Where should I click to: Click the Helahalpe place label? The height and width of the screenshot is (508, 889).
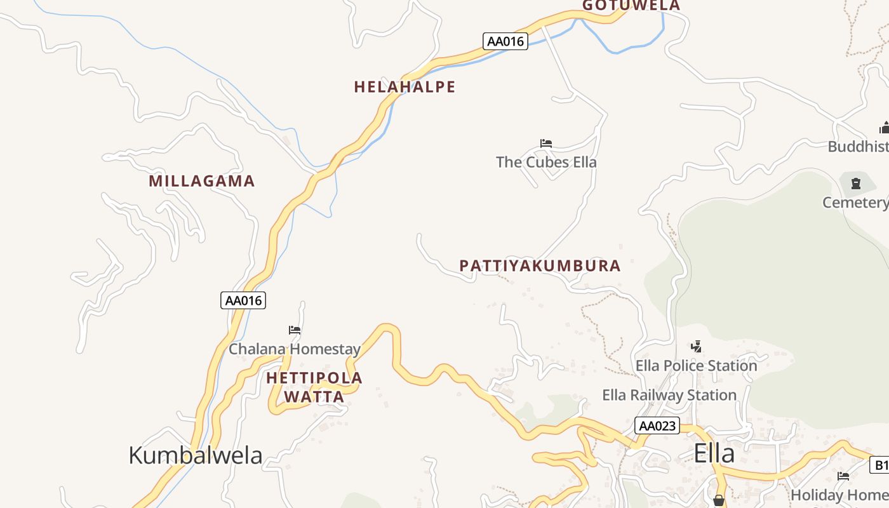coord(404,87)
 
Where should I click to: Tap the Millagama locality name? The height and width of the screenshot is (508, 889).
coord(201,181)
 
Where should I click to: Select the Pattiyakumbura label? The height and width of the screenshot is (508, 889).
coord(540,265)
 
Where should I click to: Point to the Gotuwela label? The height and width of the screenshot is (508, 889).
coord(631,6)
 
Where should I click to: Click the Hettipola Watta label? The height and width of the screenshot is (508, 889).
coord(314,387)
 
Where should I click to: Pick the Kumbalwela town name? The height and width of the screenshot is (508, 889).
coord(195,455)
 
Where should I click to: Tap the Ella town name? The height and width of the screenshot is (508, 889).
coord(714,453)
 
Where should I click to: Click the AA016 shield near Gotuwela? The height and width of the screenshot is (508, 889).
coord(505,42)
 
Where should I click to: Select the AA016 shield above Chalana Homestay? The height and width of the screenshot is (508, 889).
coord(243,300)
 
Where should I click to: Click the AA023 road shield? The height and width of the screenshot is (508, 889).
coord(657,425)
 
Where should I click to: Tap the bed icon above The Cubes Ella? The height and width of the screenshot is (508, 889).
coord(546,144)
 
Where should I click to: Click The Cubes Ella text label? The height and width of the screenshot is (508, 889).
coord(546,162)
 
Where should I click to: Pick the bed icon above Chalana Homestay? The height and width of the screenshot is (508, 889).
coord(295,330)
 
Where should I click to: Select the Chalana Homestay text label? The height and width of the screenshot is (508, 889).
coord(295,349)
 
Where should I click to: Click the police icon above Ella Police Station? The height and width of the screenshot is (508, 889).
coord(697,347)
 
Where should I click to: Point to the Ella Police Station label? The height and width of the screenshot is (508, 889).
coord(697,366)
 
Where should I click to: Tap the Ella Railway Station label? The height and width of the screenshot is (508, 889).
coord(669,395)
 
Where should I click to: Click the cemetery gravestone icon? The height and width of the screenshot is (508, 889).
coord(856,184)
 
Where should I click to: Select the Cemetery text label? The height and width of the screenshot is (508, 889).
coord(855,203)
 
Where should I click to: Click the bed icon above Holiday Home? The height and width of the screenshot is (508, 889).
coord(843,476)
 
